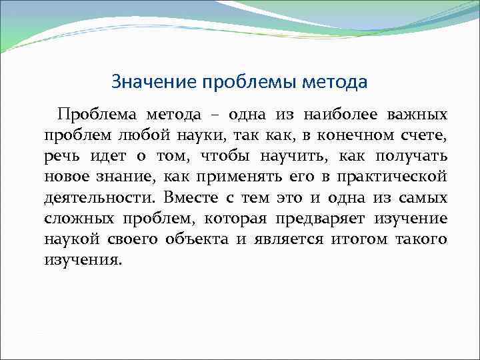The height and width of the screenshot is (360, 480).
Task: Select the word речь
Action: (x=61, y=157)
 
